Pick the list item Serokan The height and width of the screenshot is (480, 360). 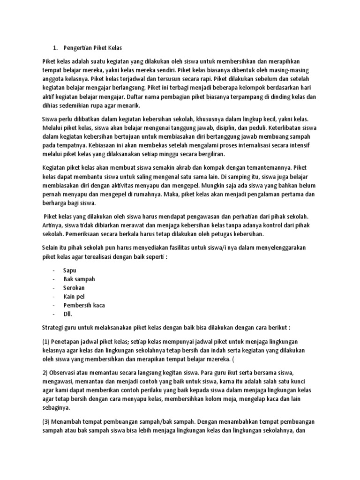(75, 288)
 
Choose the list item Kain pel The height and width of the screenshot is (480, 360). (75, 297)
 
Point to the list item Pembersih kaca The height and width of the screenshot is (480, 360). (84, 305)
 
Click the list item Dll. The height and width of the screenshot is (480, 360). (68, 314)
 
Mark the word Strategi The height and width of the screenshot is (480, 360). (53, 326)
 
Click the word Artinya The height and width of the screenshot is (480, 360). (53, 226)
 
